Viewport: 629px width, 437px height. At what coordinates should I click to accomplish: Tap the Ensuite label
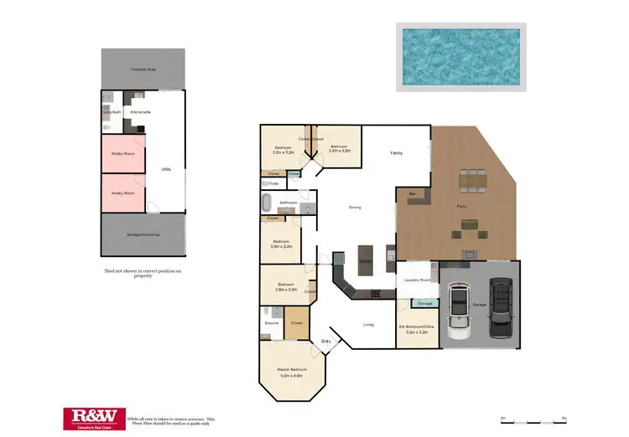[271, 322]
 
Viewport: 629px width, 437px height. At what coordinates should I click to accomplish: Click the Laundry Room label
[417, 280]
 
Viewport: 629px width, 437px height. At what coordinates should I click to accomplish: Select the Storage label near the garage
[425, 303]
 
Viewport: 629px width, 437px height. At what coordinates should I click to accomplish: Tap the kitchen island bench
[366, 260]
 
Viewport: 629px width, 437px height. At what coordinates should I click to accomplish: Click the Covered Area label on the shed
[142, 69]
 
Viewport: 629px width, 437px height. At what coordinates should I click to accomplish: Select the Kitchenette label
[140, 111]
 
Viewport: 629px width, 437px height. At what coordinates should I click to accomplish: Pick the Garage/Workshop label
[143, 234]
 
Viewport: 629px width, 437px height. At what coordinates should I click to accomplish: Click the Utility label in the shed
[166, 169]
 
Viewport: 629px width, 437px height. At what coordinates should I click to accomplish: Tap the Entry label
[326, 341]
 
